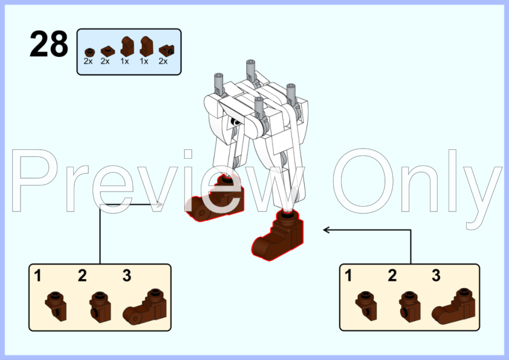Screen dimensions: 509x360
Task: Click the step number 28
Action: (49, 43)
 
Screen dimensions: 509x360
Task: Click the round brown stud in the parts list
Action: (89, 52)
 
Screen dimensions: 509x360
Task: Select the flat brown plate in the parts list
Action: (108, 51)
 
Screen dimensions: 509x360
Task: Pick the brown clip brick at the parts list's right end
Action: (166, 50)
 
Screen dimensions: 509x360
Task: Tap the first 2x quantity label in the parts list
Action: (88, 61)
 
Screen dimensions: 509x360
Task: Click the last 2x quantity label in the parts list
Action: (163, 61)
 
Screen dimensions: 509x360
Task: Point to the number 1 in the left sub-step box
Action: (37, 275)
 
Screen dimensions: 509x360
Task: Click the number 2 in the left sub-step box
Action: (82, 275)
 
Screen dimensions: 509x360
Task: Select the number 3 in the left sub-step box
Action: (127, 275)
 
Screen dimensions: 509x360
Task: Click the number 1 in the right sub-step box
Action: (348, 275)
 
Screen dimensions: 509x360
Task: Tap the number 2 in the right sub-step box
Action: (392, 275)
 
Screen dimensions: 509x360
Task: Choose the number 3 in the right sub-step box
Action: (436, 275)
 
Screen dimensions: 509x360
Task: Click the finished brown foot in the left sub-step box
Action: (145, 307)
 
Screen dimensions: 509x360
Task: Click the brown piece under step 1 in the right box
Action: (366, 306)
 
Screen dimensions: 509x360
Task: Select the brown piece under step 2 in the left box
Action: (100, 307)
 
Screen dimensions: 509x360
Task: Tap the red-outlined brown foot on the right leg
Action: (277, 235)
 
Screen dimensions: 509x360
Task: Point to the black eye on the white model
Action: (235, 122)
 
